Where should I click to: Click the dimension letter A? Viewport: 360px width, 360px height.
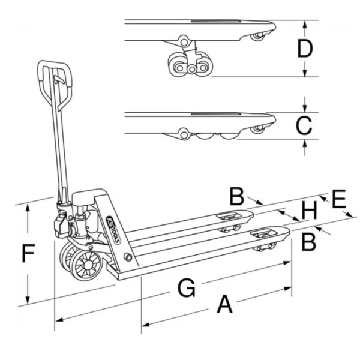pos(223,304)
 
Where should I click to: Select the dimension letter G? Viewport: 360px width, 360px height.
pos(187,289)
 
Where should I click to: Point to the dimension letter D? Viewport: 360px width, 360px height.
pos(305,49)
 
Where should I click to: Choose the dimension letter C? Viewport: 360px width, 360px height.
pos(305,126)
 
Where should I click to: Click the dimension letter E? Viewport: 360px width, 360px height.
pos(339,199)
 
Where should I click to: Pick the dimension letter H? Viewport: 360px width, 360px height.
pos(308,210)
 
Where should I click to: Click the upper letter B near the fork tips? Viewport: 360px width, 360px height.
pos(238,195)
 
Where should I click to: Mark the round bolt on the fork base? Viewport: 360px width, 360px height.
pos(128,257)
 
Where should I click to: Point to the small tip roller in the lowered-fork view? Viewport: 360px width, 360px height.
pos(259,128)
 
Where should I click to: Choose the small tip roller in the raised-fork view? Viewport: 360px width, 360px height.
pos(258,37)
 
